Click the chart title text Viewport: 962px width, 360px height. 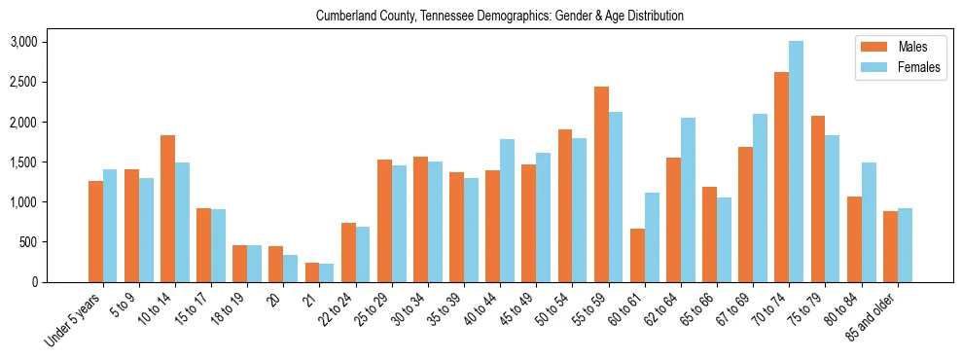pyautogui.click(x=500, y=17)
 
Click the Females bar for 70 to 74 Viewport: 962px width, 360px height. pyautogui.click(x=796, y=162)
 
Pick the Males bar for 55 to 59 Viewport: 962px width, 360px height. pyautogui.click(x=601, y=184)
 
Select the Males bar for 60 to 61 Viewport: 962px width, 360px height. pyautogui.click(x=637, y=255)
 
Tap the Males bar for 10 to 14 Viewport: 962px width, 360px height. pyautogui.click(x=167, y=208)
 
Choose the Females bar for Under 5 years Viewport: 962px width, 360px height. pyautogui.click(x=110, y=226)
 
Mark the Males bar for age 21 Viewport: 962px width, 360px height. pyautogui.click(x=312, y=272)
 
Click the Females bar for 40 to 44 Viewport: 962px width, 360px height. pyautogui.click(x=507, y=210)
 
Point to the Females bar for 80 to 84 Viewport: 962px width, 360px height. pyautogui.click(x=869, y=222)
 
